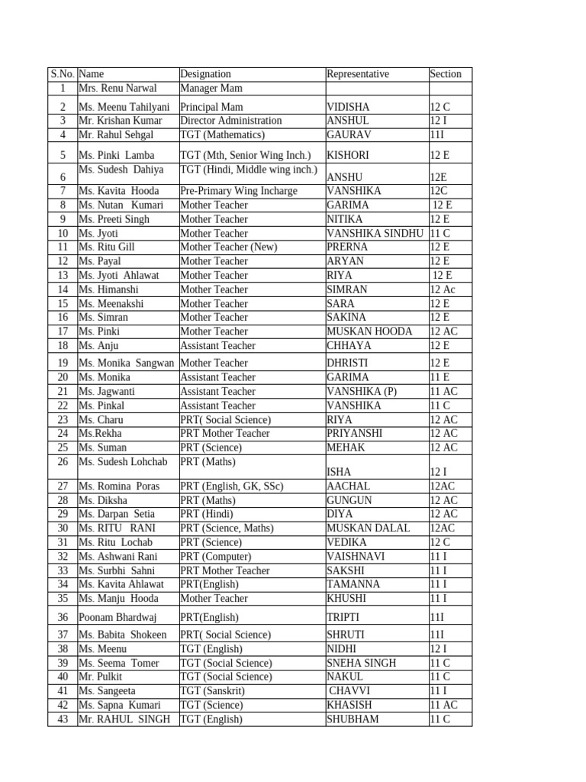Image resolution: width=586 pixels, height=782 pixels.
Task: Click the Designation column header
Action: [x=205, y=74]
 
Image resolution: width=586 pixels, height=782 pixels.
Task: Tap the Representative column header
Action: [x=358, y=74]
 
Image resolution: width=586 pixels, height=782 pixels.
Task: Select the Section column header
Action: [x=446, y=74]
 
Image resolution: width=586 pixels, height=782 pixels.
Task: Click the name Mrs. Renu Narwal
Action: [x=118, y=89]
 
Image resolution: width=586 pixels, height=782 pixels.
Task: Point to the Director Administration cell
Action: [x=231, y=121]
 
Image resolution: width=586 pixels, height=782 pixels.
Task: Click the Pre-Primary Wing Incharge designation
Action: [x=239, y=191]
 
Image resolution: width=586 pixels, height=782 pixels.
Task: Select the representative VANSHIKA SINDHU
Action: [x=375, y=233]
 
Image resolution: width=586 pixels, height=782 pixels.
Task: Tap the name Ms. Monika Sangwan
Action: [x=127, y=363]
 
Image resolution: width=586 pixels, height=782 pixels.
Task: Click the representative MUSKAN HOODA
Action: [x=369, y=331]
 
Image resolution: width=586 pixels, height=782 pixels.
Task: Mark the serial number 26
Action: [x=63, y=462]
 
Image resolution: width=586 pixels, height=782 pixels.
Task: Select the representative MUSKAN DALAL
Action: [x=368, y=528]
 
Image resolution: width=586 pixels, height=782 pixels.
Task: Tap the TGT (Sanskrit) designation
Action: [x=214, y=691]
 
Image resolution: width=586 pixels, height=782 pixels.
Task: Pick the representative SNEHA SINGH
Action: [x=362, y=663]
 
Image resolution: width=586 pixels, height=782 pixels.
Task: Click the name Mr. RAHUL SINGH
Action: [x=124, y=719]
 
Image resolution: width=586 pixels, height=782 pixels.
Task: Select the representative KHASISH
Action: [x=353, y=705]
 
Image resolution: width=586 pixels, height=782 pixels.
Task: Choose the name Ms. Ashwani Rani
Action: [x=118, y=557]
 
